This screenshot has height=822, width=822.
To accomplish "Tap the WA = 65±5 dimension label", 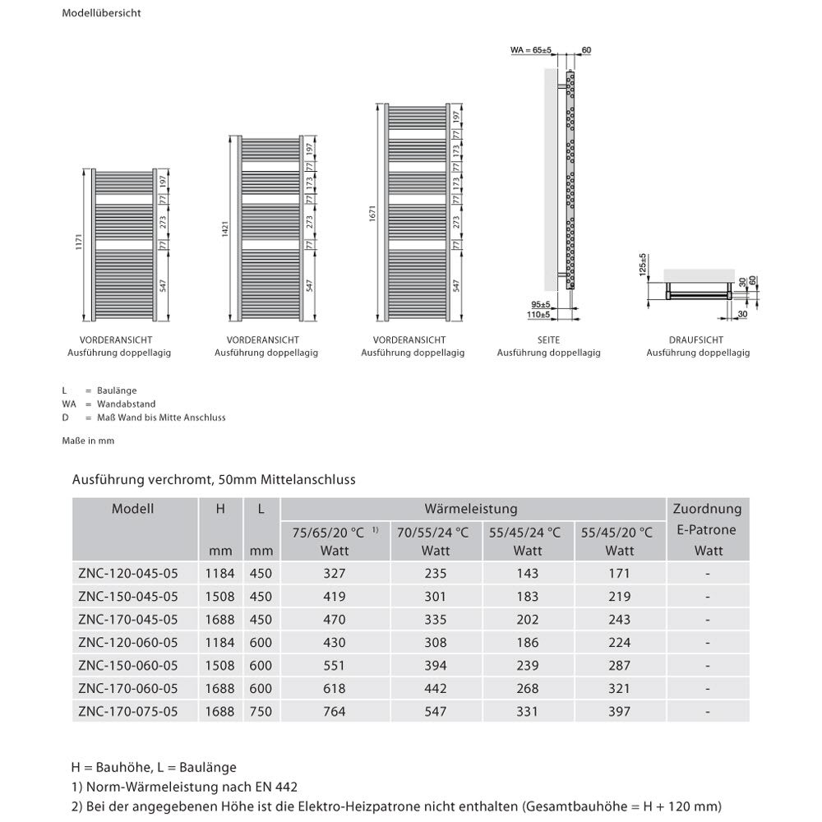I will [531, 50].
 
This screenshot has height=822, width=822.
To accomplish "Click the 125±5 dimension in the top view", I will [645, 266].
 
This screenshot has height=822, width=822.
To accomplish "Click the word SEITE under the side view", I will [548, 339].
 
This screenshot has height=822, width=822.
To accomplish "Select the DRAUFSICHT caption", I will [697, 339].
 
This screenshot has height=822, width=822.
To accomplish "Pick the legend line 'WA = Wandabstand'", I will [109, 404].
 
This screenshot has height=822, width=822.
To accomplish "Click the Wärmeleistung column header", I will [471, 510].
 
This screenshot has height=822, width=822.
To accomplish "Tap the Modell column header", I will [133, 510].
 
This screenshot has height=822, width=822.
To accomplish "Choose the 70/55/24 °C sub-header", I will [435, 533].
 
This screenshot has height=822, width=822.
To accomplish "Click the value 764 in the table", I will [335, 711].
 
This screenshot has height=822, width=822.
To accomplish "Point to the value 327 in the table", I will [335, 573].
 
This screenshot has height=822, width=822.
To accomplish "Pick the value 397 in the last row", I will [619, 711].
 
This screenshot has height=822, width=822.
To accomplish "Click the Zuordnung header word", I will [707, 510].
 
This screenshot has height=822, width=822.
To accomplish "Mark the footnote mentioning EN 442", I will [184, 787].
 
